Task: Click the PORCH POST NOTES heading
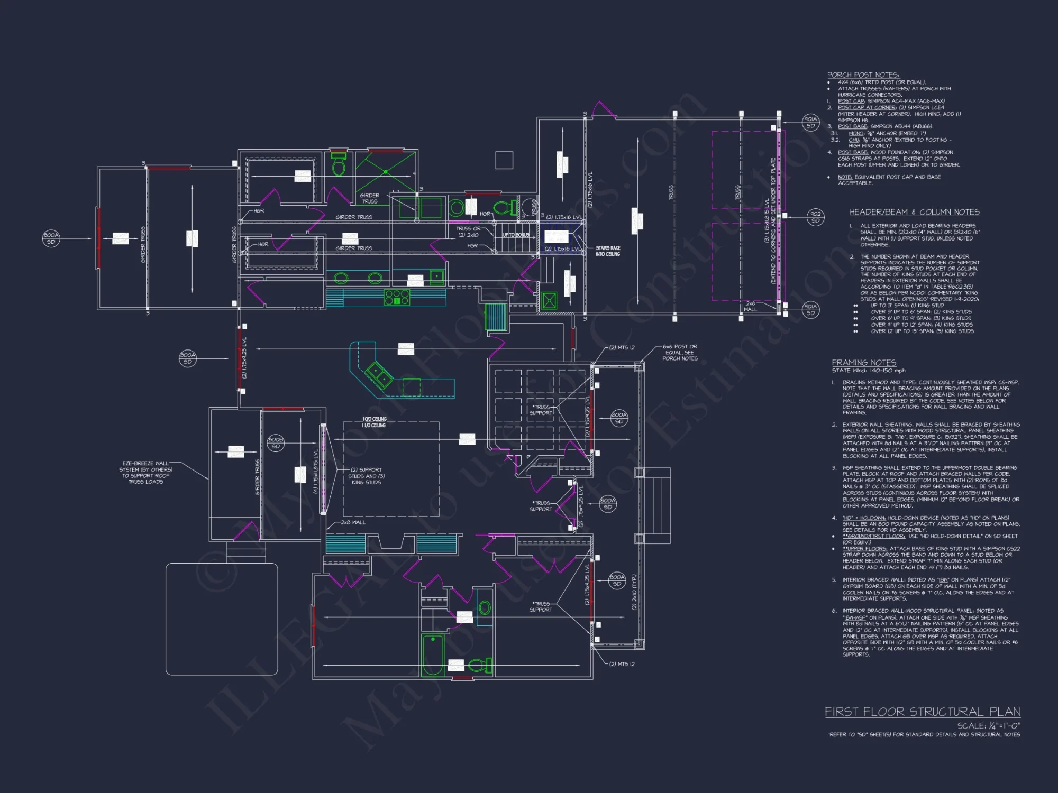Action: coord(863,75)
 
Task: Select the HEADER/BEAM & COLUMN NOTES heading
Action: coord(914,212)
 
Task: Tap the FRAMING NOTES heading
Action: coord(864,363)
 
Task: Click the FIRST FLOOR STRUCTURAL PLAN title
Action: coord(922,712)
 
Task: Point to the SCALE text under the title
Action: coord(988,726)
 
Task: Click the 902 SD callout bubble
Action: coord(815,217)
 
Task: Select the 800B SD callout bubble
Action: coord(276,443)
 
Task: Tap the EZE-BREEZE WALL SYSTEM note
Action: coord(146,472)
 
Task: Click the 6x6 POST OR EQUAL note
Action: coord(680,353)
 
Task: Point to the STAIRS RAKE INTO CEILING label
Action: coord(608,251)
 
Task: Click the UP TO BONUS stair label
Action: coord(516,235)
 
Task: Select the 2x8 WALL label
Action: coord(353,522)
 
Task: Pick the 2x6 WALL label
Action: coord(751,307)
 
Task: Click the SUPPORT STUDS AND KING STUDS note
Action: coord(366,476)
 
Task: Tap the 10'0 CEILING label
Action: coord(374,419)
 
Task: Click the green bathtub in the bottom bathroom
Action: coord(433,655)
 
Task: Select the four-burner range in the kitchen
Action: coord(397,297)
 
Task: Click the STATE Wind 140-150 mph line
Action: coord(868,371)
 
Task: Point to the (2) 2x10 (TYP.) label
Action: coord(634,592)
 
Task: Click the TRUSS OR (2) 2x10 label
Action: coord(468,232)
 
